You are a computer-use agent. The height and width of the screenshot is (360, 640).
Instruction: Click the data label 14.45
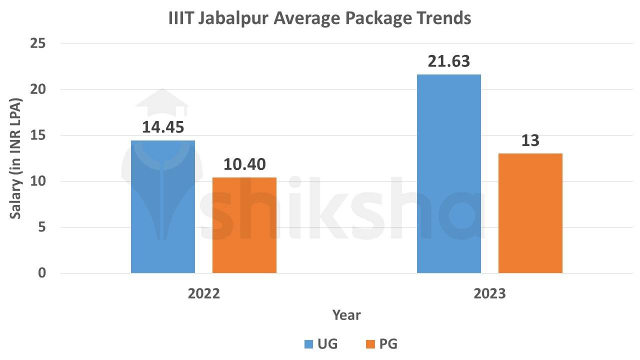(163, 127)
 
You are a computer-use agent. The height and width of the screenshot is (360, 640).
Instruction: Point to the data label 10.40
(244, 164)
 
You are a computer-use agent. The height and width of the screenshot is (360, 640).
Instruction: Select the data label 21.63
(448, 61)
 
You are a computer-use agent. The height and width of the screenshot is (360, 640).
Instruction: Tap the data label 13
(530, 140)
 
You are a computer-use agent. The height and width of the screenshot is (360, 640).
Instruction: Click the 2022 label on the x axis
(203, 293)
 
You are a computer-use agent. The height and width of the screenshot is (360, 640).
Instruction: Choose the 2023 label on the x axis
(489, 293)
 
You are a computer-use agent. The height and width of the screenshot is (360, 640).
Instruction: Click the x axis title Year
(346, 315)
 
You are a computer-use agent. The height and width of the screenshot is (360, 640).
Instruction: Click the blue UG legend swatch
(308, 344)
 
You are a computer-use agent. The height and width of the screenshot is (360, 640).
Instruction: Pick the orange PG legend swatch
(370, 344)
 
